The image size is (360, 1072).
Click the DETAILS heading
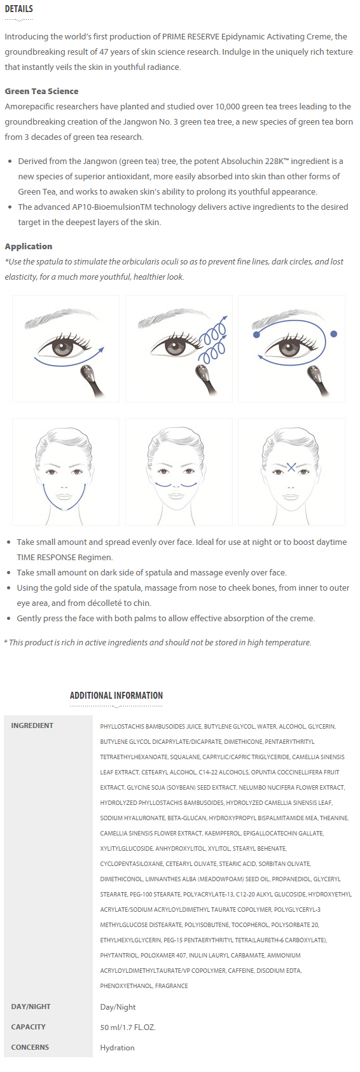[18, 9]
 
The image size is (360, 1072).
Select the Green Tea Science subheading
[41, 92]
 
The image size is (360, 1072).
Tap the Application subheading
[29, 247]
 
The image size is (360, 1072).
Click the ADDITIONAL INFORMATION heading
[116, 696]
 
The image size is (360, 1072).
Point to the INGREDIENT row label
[32, 725]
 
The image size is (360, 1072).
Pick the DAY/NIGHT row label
[31, 1007]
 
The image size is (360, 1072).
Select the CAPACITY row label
[28, 1026]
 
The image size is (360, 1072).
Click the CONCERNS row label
[30, 1047]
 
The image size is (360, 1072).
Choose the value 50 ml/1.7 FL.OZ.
[128, 1027]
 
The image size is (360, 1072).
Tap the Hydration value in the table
[117, 1048]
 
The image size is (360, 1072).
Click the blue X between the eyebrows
[291, 466]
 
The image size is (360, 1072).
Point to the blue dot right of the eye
[334, 334]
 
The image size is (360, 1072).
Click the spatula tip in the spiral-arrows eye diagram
[200, 371]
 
